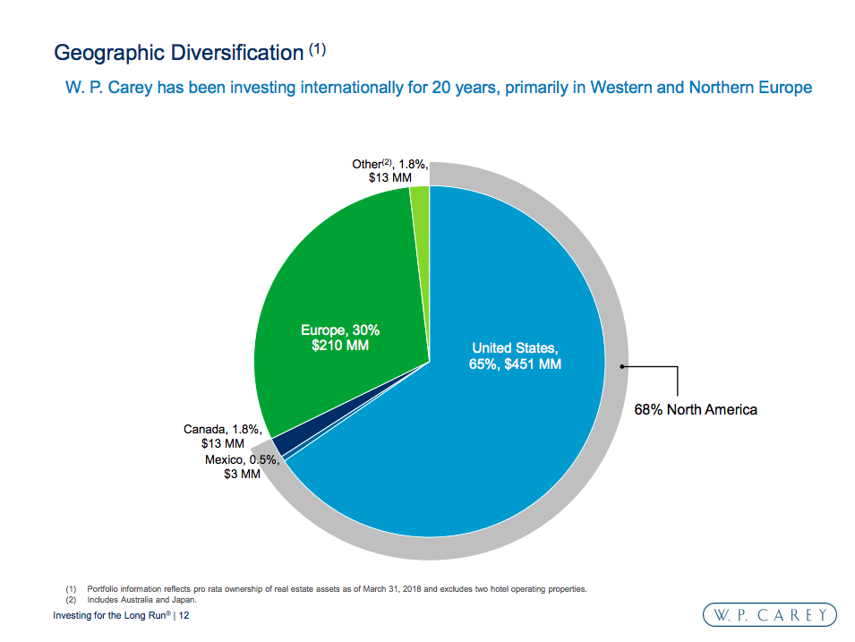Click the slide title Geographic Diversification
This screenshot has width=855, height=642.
[179, 52]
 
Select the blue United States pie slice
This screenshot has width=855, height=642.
[501, 430]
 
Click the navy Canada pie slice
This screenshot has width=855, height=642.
[280, 443]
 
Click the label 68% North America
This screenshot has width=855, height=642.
[696, 409]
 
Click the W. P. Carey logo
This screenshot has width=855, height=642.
[769, 614]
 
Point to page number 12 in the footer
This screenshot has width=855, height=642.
[184, 617]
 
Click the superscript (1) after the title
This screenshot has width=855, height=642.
[317, 50]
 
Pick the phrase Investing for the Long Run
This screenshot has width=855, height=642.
[108, 617]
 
